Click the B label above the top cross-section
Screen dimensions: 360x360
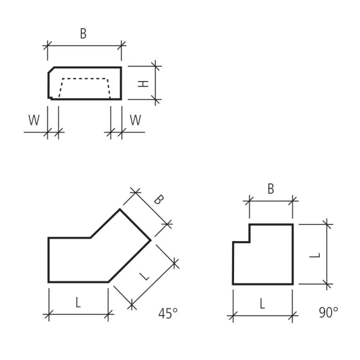(x=83, y=34)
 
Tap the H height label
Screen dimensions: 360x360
(x=143, y=83)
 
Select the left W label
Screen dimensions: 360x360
(x=34, y=120)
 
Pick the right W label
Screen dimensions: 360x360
(x=136, y=120)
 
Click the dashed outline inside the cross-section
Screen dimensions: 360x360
(x=84, y=79)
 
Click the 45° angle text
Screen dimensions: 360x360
(x=168, y=313)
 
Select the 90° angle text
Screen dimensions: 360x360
(x=328, y=313)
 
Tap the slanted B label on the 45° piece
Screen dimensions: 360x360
(x=157, y=200)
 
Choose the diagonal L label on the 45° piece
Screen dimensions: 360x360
(x=143, y=276)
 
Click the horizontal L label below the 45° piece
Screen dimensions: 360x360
(x=77, y=303)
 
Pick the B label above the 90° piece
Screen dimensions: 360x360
(x=271, y=189)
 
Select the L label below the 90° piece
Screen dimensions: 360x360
(x=262, y=304)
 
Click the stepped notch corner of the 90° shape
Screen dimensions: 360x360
(x=250, y=242)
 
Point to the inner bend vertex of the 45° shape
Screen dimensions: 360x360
(x=91, y=238)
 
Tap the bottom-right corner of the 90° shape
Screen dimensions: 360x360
(x=293, y=284)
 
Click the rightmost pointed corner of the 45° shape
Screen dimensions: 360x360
(x=150, y=239)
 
